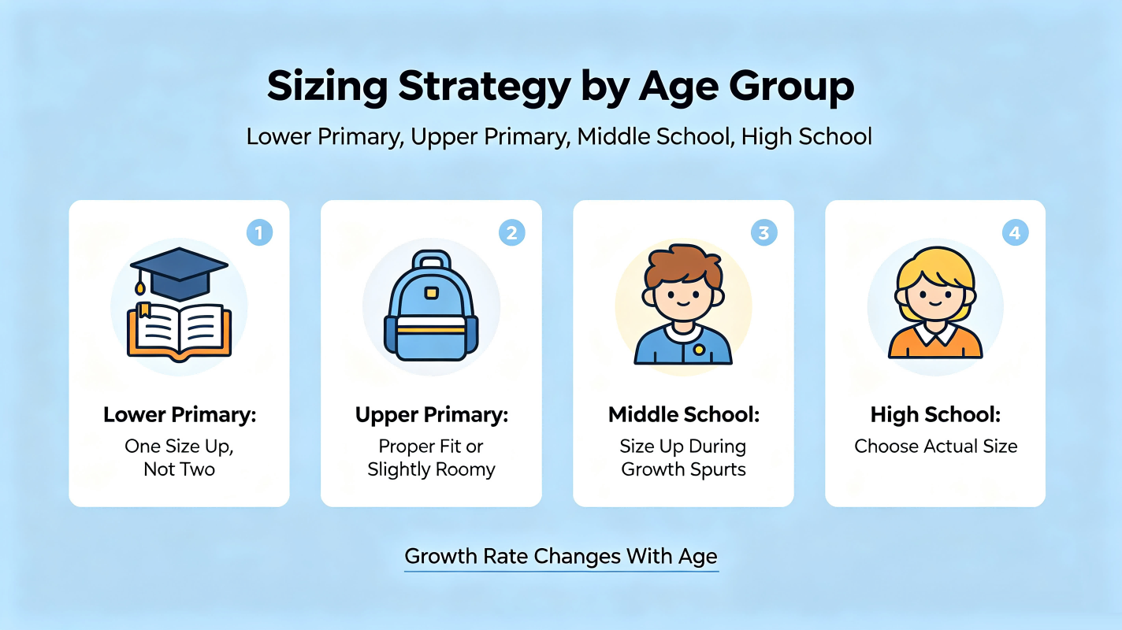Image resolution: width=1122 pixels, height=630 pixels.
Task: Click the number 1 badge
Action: click(259, 232)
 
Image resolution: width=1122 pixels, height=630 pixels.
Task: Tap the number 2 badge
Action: click(511, 232)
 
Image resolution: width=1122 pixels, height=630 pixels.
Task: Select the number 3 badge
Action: click(763, 232)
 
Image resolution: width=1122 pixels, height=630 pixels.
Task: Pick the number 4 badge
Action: click(1016, 232)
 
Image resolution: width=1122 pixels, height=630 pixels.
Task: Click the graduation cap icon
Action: click(179, 273)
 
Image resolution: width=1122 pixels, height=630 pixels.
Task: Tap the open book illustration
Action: click(180, 332)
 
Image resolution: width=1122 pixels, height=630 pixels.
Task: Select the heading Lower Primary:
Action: click(180, 415)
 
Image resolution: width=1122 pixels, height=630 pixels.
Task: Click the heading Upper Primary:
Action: click(431, 415)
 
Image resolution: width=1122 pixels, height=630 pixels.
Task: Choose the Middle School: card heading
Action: click(684, 415)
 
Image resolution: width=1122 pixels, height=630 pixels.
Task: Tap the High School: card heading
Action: click(935, 415)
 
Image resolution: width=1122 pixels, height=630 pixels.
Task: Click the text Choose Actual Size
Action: click(936, 447)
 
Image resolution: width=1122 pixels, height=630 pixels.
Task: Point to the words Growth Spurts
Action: click(684, 470)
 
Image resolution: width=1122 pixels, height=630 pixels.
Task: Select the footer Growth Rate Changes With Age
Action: click(561, 557)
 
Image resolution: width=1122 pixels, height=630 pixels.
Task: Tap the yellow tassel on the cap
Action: click(140, 288)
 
